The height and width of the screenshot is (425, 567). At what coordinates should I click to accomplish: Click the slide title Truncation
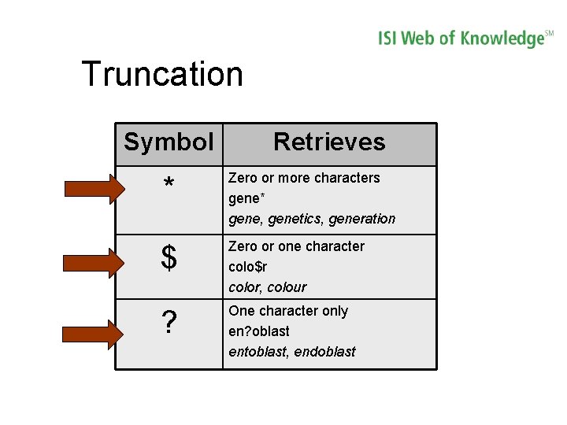point(162,74)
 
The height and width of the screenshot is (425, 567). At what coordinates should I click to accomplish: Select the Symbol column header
point(169,142)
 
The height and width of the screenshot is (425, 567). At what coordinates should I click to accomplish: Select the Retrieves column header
point(329,142)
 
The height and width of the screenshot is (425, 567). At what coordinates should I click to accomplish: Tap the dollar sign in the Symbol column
point(169,258)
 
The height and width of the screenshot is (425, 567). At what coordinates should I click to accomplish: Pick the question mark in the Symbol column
point(169,323)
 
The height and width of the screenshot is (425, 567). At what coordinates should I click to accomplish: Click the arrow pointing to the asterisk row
point(94,188)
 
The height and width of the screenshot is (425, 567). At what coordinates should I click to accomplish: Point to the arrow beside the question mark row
point(94,334)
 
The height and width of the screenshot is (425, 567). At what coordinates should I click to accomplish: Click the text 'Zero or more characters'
point(304,178)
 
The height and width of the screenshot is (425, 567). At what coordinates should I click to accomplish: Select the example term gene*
point(247,198)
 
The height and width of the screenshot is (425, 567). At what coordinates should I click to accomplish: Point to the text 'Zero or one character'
point(296,246)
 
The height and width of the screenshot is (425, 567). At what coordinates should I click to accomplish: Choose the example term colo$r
point(248,267)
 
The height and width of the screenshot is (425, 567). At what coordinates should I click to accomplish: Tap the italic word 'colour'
point(287,287)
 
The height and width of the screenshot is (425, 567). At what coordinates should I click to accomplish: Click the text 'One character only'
point(287,311)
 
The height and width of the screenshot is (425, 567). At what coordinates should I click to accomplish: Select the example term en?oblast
point(259,331)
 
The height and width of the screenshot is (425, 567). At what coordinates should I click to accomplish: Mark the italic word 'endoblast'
point(324,352)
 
